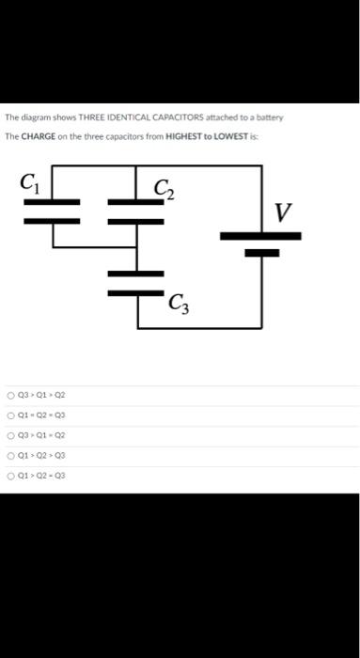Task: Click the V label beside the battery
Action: [281, 213]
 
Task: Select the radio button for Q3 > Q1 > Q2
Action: [9, 396]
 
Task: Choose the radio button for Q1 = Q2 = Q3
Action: [9, 415]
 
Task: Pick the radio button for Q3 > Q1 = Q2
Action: [9, 435]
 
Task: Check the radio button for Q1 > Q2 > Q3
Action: [9, 455]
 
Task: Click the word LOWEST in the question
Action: [231, 136]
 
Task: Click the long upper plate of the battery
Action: [259, 236]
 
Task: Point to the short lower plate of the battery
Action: [259, 252]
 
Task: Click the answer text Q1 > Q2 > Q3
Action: [42, 455]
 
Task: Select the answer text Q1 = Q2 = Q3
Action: [42, 415]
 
